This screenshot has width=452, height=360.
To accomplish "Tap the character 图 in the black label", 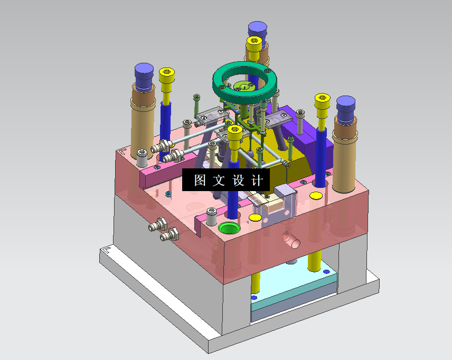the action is coord(200,180).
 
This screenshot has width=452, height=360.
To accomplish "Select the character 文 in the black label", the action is coord(219,180).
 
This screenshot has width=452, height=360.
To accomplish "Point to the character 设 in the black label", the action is coord(238,180).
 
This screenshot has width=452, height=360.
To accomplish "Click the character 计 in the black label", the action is coord(257,180).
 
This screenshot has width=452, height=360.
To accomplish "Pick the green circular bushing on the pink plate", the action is coord(229,228).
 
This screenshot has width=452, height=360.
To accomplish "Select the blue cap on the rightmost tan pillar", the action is coord(346,109).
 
